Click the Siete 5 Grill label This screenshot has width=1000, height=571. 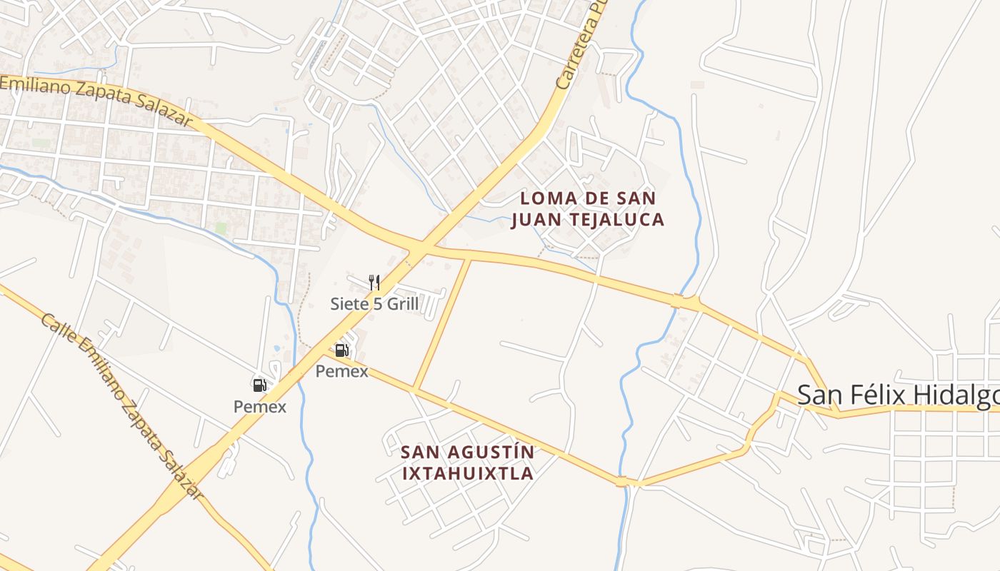pos(374,304)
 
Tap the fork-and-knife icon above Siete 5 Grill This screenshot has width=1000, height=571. pos(374,282)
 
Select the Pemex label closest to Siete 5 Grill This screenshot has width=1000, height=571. pos(342,371)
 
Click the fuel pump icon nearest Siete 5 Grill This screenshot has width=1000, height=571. pos(341,350)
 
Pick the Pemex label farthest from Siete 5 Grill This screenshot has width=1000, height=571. pos(260,407)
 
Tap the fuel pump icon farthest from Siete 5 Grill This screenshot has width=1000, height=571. pos(259,385)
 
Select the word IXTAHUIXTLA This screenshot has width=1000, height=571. pos(468,473)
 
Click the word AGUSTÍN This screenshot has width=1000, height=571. pos(494,452)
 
